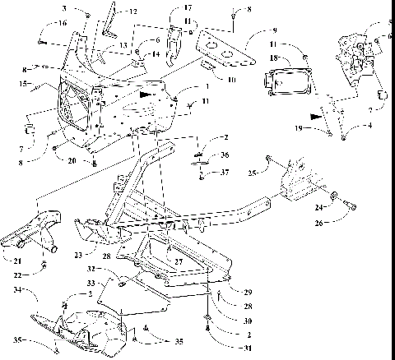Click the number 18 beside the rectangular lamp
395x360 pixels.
coord(272,59)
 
